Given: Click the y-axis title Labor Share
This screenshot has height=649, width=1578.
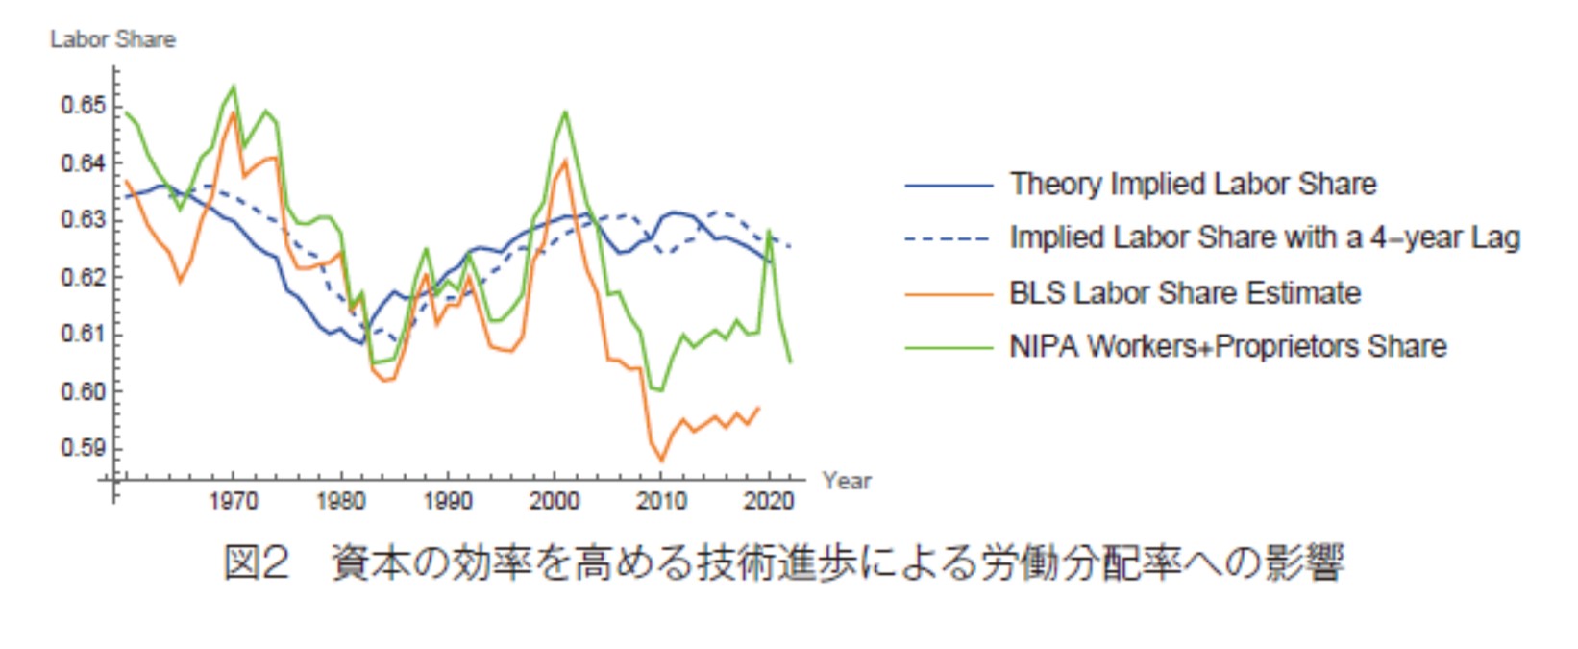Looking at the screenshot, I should point(112,39).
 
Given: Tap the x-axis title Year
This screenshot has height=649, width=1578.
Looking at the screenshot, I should point(847,481).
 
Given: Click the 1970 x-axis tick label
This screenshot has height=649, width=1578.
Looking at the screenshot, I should point(233,501).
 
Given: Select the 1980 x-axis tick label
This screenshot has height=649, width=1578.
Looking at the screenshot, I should point(340,501).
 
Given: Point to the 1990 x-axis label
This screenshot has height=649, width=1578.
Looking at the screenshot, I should point(447,501).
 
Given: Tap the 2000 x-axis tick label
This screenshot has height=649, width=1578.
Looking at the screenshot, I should point(555,501).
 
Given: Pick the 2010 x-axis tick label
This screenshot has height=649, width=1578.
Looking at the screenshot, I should point(661,501).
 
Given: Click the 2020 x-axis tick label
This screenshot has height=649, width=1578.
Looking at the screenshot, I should point(769,501).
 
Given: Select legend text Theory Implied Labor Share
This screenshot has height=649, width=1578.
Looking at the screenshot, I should point(1193,184).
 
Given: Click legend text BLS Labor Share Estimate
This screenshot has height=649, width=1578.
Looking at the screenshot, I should point(1185,292).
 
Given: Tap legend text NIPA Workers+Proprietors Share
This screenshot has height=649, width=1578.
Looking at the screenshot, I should point(1227,346).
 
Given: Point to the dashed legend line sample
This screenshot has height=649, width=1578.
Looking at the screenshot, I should point(949,238).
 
